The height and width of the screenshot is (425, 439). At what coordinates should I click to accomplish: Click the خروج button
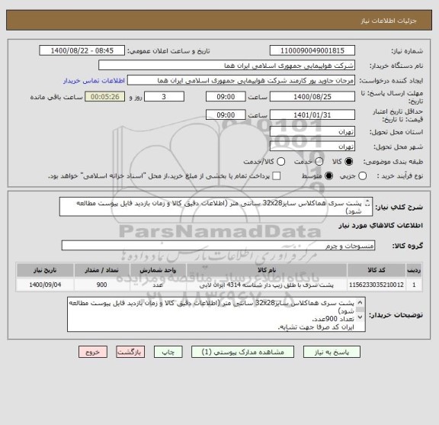[93, 353]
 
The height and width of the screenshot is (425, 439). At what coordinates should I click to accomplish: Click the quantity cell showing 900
[122, 285]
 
